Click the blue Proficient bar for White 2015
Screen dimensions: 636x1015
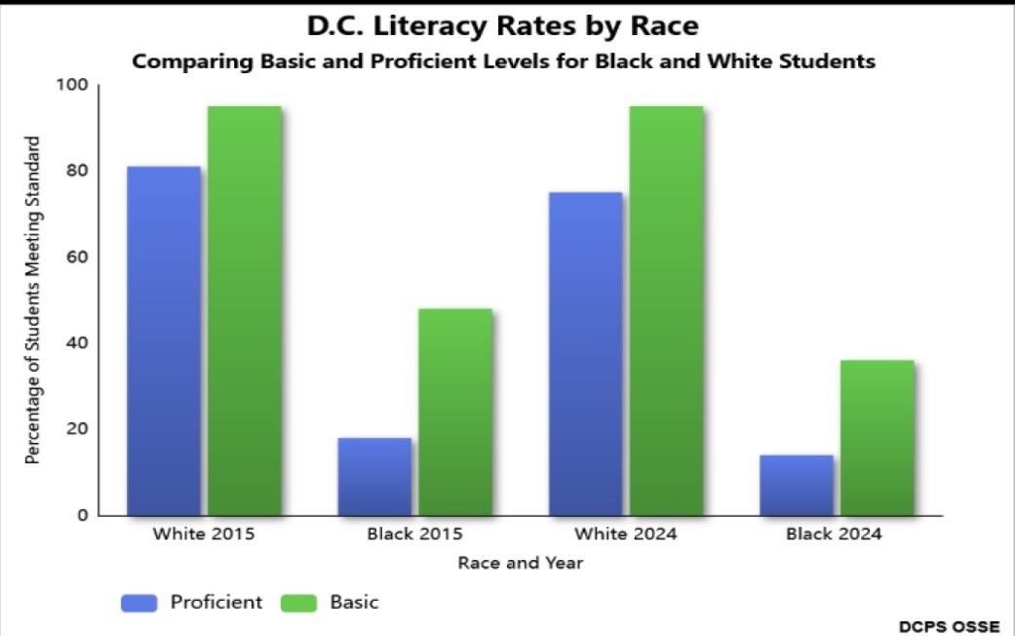click(163, 340)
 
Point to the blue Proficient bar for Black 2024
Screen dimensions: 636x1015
click(797, 485)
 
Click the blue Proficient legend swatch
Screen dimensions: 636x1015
click(138, 603)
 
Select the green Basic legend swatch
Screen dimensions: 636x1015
click(298, 603)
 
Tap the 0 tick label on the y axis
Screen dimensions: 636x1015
click(83, 515)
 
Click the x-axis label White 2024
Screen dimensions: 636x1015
click(625, 535)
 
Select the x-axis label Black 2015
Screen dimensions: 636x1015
click(414, 535)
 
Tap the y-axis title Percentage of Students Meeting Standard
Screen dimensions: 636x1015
click(33, 300)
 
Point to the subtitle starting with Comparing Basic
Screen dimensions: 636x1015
click(503, 61)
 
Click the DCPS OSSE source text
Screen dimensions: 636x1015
click(950, 625)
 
